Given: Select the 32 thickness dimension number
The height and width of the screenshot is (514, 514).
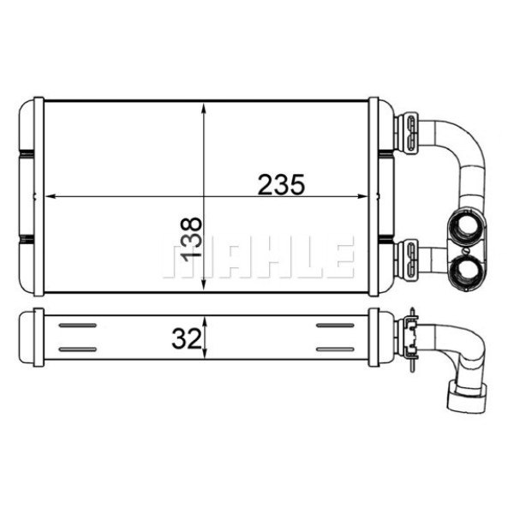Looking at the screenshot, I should coord(184,340).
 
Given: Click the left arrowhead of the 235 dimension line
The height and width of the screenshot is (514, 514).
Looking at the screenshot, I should coord(49,197).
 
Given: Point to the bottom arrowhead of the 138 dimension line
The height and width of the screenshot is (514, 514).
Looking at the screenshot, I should coord(203,286).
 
